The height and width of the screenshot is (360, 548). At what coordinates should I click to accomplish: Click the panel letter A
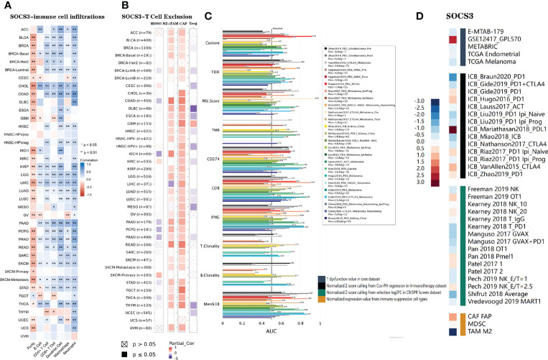pos(9,8)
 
